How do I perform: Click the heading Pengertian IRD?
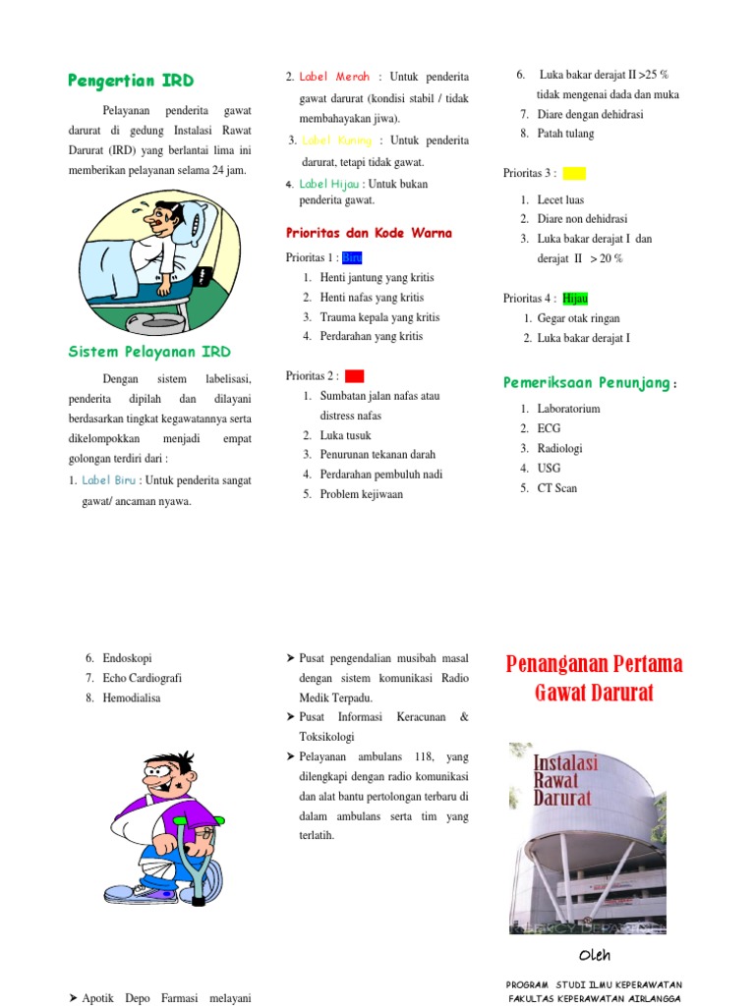click(131, 81)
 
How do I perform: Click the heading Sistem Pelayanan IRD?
click(149, 351)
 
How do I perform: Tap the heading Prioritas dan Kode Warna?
click(369, 233)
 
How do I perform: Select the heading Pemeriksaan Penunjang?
click(590, 382)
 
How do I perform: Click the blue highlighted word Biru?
click(352, 258)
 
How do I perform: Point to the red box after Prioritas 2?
click(355, 375)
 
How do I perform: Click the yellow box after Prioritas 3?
click(574, 173)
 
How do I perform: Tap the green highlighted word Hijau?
click(575, 298)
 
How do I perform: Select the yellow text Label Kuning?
click(336, 140)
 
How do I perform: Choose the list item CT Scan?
click(556, 488)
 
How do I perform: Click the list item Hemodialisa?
click(131, 698)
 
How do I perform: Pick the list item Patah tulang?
click(565, 134)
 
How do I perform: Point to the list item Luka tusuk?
click(347, 434)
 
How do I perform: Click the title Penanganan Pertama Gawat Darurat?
click(594, 679)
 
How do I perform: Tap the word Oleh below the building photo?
click(594, 955)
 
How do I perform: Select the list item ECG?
click(548, 428)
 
